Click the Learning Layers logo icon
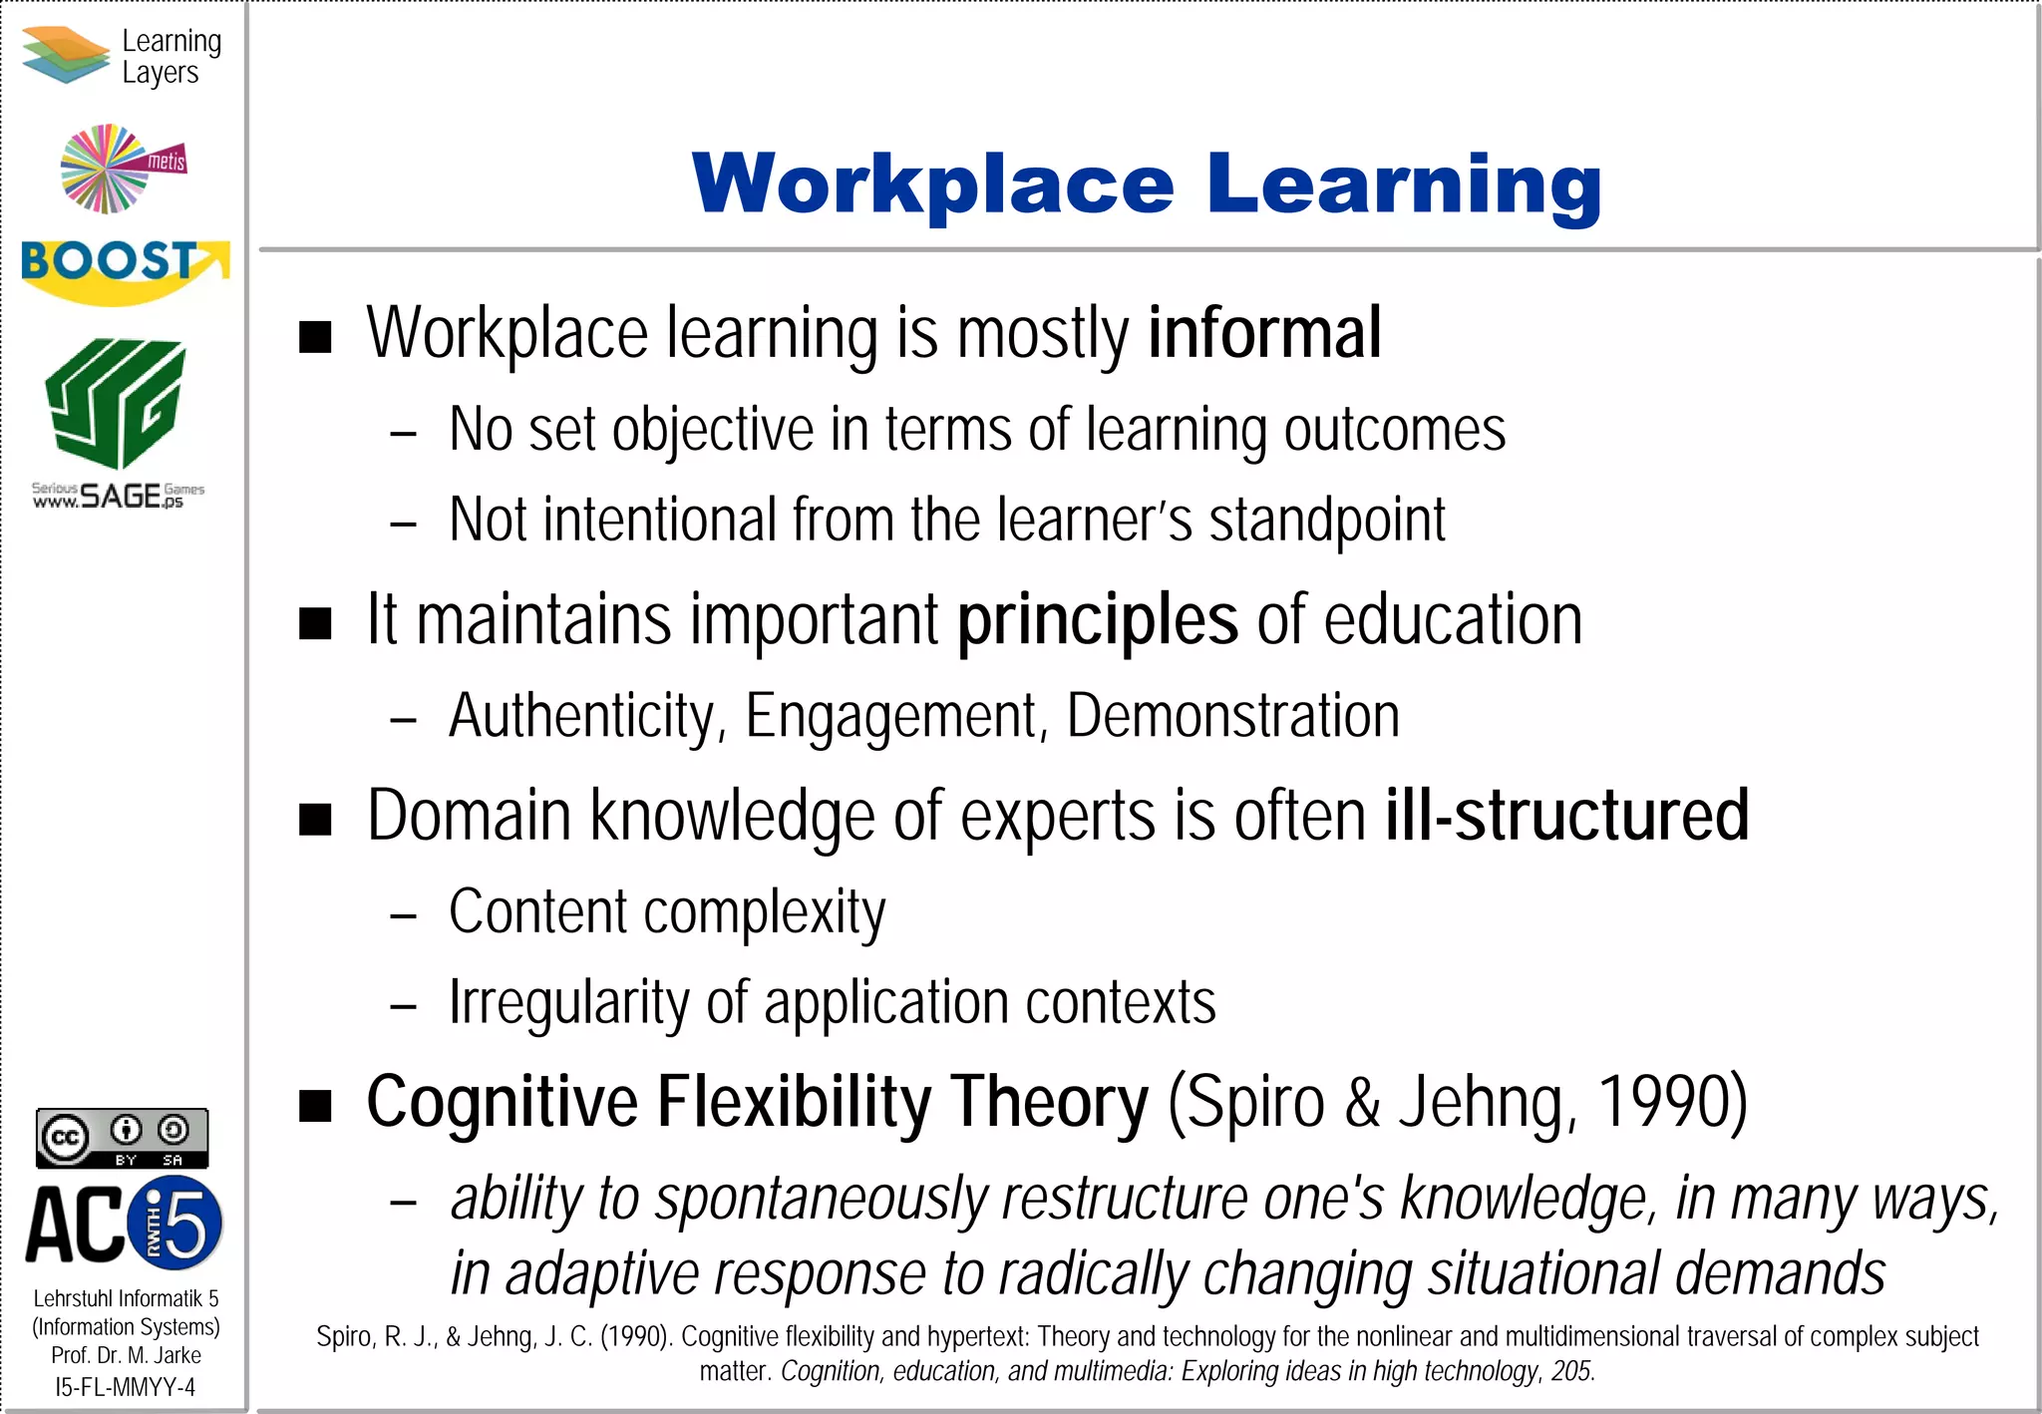65,55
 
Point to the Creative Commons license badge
123,1138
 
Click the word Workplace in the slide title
933,184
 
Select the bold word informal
1264,333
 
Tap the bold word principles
1098,620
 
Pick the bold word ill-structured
1566,816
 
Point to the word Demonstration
1232,716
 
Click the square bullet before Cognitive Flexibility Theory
315,1106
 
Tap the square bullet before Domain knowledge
315,819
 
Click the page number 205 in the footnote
1572,1371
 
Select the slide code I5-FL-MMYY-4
126,1387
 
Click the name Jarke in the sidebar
177,1356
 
